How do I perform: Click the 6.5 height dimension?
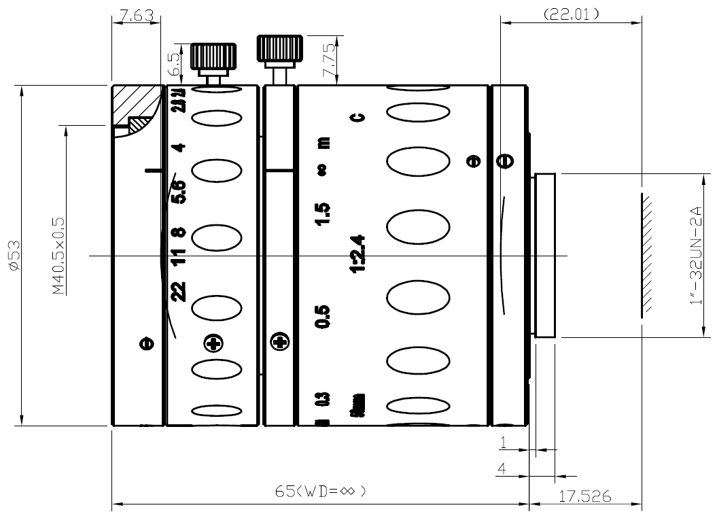(175, 63)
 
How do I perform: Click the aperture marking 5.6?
(179, 192)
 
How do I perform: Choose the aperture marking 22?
(179, 292)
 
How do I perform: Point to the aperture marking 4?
(179, 148)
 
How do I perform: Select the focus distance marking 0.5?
(323, 317)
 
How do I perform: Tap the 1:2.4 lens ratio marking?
(357, 254)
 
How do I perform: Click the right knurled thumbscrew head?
(277, 49)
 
